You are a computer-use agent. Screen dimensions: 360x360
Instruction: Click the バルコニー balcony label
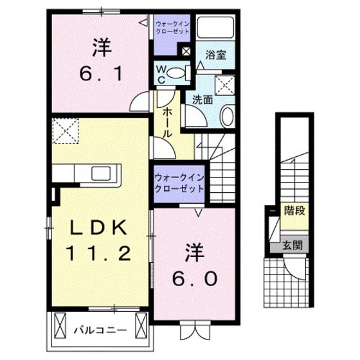pos(98,331)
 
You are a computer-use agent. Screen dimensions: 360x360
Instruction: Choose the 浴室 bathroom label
pos(215,55)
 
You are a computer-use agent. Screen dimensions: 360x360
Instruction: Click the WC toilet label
pos(163,73)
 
